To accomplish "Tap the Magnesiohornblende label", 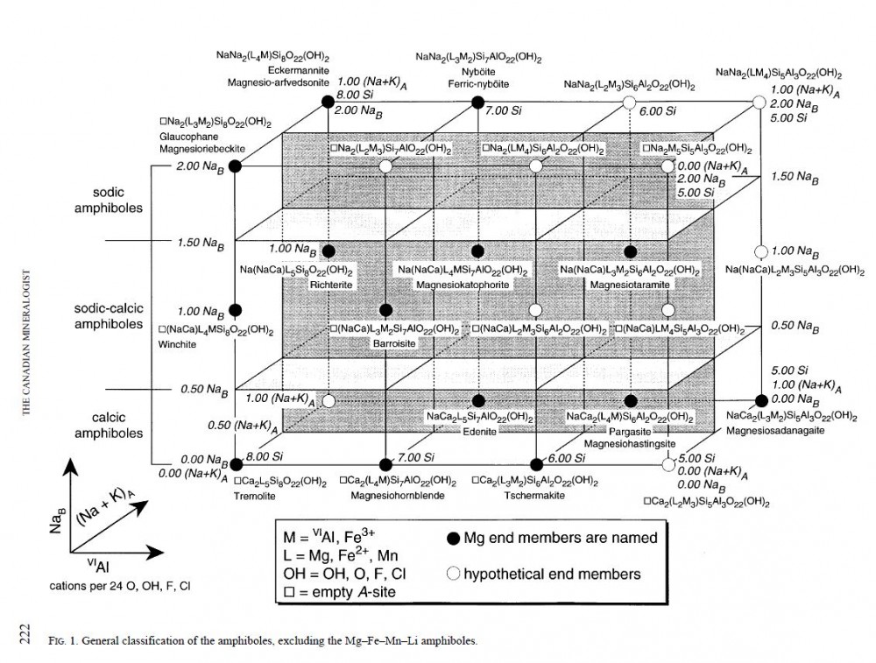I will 390,496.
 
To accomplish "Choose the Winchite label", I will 179,344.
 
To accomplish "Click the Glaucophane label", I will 186,138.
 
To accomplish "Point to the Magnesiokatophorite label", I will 462,284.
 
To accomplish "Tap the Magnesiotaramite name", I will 625,284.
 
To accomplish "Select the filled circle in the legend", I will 453,538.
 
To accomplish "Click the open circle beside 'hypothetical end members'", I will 453,575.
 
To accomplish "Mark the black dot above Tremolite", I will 235,462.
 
